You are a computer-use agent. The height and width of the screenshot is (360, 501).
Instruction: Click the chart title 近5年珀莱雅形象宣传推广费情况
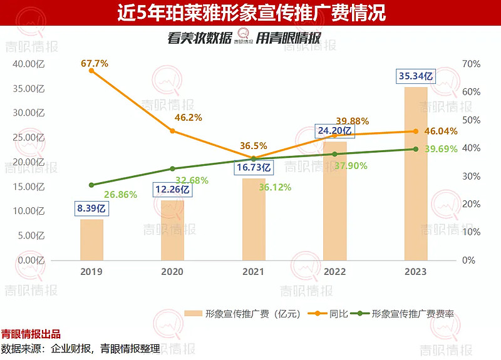(250, 12)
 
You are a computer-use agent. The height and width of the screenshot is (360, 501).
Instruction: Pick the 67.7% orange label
(95, 63)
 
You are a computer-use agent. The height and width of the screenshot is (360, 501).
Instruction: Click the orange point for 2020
(173, 131)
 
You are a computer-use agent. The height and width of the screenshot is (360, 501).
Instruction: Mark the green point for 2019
(91, 185)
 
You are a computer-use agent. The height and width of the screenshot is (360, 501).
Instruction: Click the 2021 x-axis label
(254, 272)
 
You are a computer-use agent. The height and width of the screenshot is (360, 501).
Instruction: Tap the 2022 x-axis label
(334, 272)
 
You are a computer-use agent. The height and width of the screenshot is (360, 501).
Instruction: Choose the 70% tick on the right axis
(472, 64)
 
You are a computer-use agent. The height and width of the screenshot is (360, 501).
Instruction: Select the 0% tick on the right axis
(469, 260)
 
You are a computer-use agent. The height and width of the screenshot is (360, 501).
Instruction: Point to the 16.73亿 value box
(254, 167)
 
